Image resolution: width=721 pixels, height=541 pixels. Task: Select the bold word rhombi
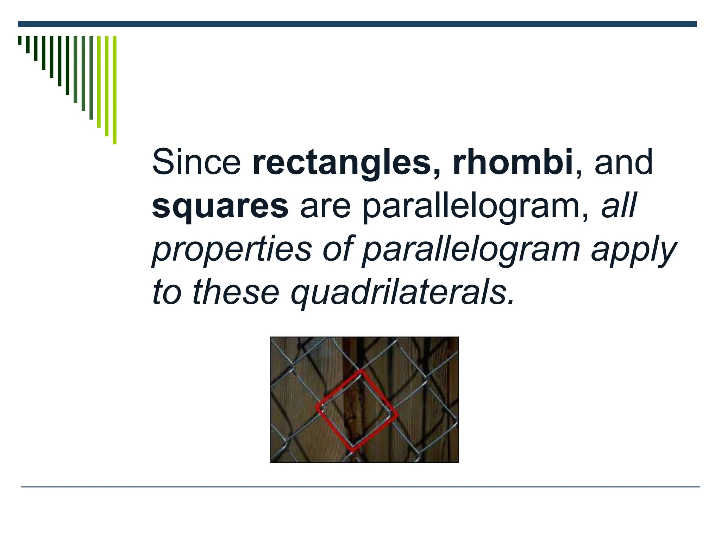tap(513, 162)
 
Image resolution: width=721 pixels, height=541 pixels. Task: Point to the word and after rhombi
tap(623, 162)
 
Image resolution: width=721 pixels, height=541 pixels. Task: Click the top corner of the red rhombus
tap(360, 371)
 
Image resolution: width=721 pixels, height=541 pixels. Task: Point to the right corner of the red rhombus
tap(396, 414)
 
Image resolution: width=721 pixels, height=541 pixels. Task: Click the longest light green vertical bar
tap(114, 90)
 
